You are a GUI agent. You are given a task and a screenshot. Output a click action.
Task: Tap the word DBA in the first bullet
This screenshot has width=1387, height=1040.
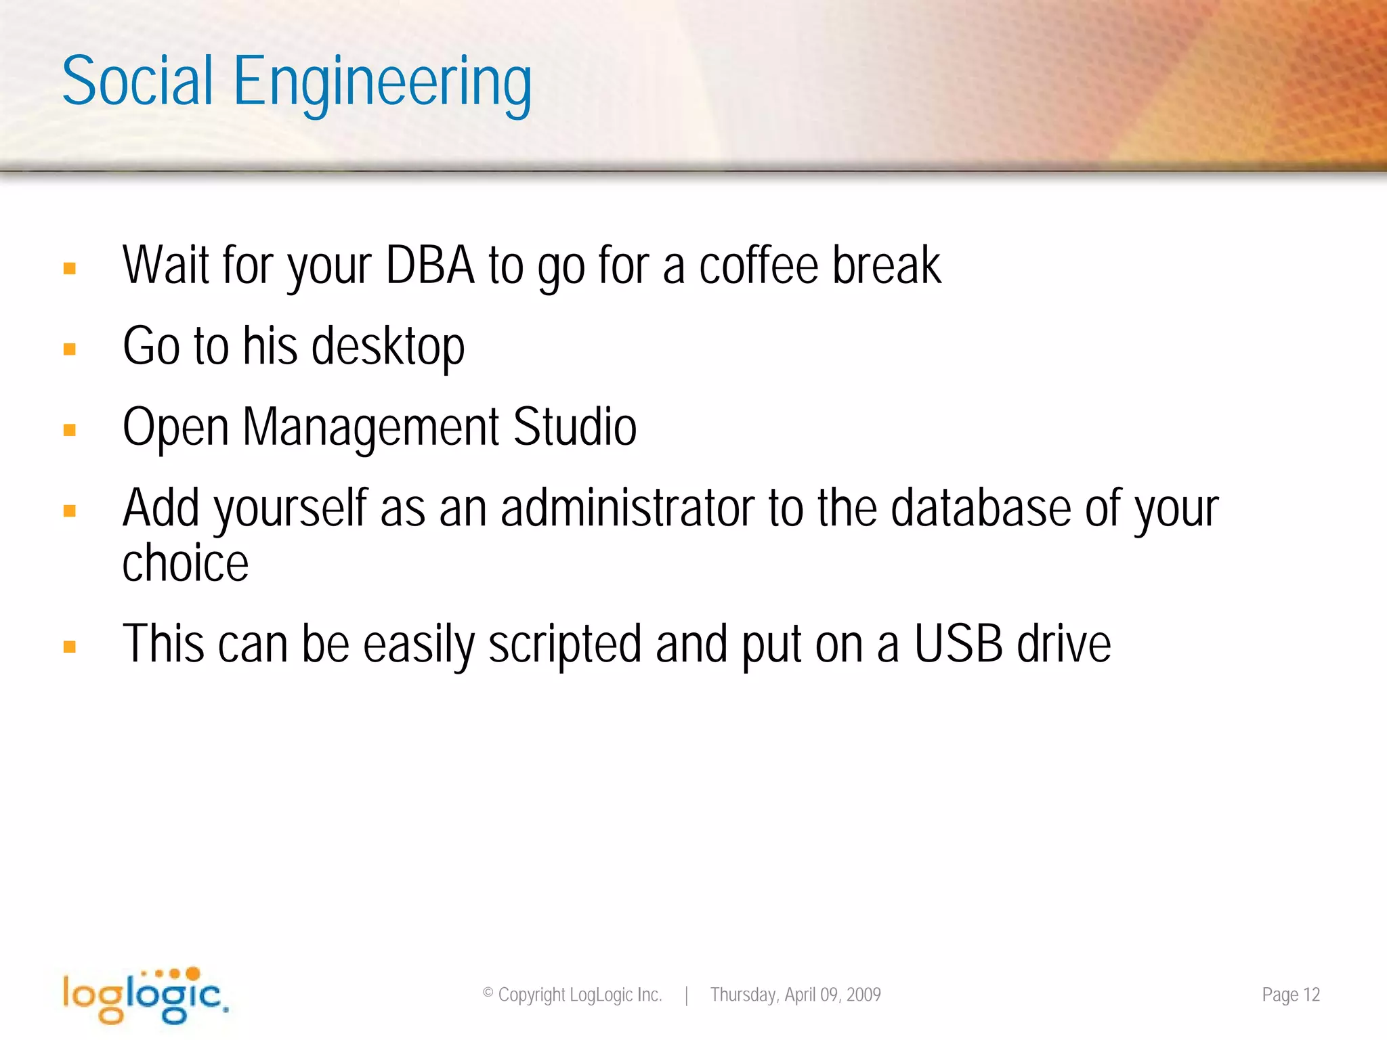(x=430, y=265)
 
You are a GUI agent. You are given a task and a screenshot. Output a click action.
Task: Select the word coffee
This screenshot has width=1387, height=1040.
(x=759, y=265)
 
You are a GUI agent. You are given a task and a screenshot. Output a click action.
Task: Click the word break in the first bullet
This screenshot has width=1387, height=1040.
(x=886, y=265)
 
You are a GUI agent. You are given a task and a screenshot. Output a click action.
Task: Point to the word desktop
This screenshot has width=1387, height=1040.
(x=388, y=347)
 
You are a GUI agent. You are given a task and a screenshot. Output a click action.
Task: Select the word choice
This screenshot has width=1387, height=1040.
(x=186, y=563)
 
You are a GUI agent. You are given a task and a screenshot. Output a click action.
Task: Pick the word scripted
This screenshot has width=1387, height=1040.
(x=565, y=645)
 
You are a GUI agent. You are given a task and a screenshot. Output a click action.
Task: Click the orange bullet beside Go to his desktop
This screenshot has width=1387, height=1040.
(x=69, y=349)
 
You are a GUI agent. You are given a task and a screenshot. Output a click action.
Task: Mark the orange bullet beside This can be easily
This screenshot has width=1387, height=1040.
(x=69, y=647)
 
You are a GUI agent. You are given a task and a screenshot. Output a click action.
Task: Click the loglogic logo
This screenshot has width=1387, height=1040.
(x=146, y=995)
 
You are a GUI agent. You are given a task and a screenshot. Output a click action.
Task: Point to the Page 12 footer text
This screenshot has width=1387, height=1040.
(x=1291, y=995)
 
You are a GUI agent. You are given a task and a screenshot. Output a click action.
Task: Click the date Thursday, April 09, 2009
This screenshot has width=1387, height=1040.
(x=795, y=995)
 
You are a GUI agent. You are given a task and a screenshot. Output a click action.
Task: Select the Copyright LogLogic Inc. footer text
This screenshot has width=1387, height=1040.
(x=572, y=995)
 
